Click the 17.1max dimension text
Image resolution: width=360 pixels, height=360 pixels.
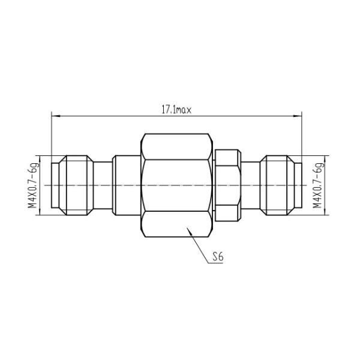(176, 109)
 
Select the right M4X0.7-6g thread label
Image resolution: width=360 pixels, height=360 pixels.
(318, 185)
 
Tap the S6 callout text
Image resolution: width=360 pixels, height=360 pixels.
(217, 257)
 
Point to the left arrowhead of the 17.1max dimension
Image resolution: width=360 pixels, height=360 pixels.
(54, 115)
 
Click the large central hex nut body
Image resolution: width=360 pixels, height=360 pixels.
(176, 185)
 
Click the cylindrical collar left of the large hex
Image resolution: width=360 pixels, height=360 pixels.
(127, 185)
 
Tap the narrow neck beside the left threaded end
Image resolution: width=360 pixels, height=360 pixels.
(104, 185)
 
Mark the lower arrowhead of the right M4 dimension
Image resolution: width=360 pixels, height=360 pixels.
(325, 213)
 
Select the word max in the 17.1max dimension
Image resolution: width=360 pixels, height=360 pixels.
(184, 109)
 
